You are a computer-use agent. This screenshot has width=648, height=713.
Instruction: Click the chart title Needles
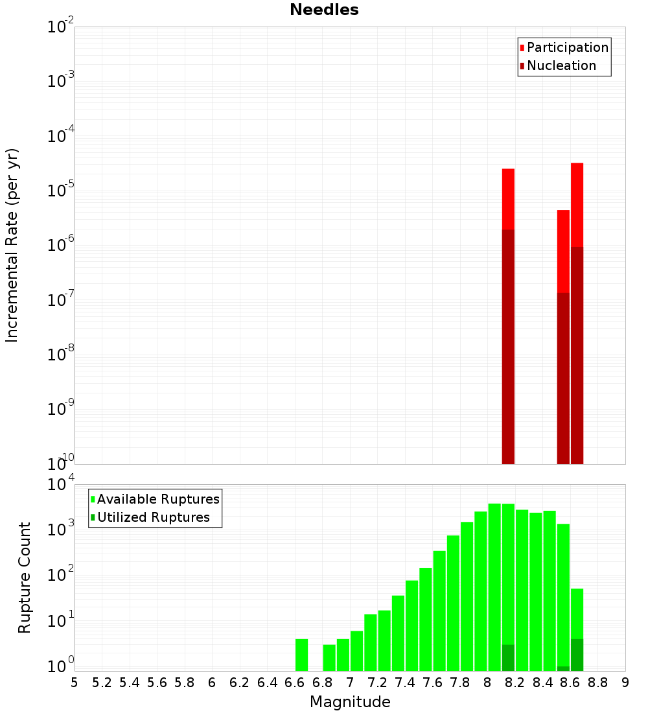[x=323, y=10]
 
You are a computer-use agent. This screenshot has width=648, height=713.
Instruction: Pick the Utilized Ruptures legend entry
[x=153, y=517]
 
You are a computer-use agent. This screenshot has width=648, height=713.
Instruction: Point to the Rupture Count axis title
[x=25, y=578]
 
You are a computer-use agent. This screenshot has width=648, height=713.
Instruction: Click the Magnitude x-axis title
[x=350, y=702]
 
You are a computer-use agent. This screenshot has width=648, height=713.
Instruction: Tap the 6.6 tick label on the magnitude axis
[x=295, y=683]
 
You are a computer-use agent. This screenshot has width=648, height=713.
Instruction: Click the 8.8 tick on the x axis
[x=597, y=683]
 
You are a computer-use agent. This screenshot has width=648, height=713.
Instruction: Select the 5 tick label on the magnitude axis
[x=75, y=683]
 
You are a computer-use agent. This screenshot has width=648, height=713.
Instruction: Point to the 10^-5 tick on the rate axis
[x=60, y=191]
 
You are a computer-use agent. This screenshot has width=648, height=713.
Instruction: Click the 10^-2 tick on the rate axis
[x=60, y=27]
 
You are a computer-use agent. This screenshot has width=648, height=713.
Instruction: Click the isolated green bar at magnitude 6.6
[x=301, y=655]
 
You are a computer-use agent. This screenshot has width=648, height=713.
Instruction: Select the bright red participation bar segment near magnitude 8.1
[x=508, y=198]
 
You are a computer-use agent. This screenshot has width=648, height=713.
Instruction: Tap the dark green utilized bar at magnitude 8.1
[x=508, y=658]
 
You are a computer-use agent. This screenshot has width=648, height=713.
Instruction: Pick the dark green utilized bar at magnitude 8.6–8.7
[x=577, y=655]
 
